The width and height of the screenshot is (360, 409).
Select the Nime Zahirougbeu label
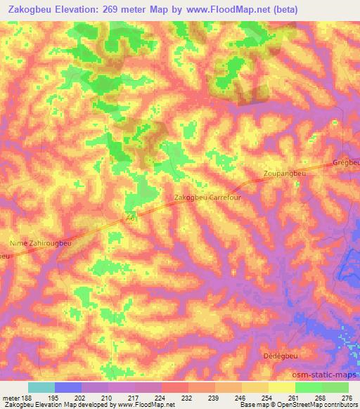[40, 243]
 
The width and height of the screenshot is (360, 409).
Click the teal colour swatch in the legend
[41, 387]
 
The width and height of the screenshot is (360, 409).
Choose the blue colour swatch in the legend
[68, 387]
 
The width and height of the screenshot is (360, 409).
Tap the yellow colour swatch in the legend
[282, 387]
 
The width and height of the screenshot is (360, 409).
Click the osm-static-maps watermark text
[330, 377]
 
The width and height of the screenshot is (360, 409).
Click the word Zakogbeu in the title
[31, 10]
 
